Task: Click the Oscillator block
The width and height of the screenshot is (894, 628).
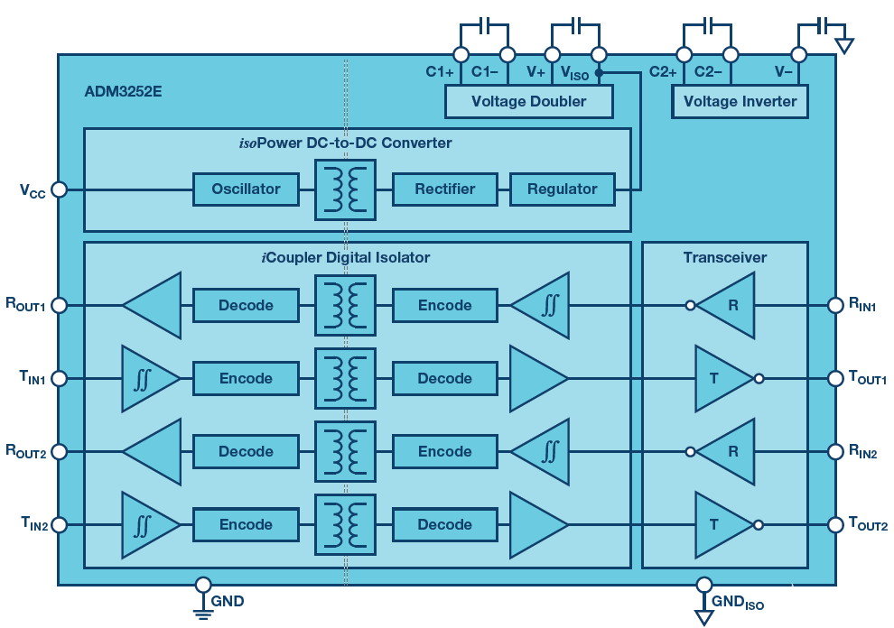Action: pyautogui.click(x=246, y=189)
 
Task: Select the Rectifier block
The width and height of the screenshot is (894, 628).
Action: pyautogui.click(x=444, y=189)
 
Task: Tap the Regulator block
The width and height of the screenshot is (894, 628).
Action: pyautogui.click(x=562, y=189)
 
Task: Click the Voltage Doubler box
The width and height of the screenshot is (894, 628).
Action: pyautogui.click(x=529, y=101)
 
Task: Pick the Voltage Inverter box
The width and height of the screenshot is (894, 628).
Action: pyautogui.click(x=740, y=101)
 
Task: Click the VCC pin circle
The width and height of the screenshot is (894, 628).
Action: pyautogui.click(x=59, y=189)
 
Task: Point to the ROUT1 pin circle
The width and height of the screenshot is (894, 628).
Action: pyautogui.click(x=59, y=306)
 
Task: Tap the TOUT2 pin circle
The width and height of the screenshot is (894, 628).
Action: pyautogui.click(x=834, y=524)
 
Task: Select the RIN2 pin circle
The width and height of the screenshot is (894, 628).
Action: pyautogui.click(x=834, y=451)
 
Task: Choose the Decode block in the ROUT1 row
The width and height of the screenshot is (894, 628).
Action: pyautogui.click(x=246, y=306)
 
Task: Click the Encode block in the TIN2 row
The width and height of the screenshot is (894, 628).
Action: pyautogui.click(x=246, y=524)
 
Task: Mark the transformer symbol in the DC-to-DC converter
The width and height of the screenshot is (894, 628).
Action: pyautogui.click(x=345, y=189)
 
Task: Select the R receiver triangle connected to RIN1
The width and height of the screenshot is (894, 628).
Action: pyautogui.click(x=728, y=306)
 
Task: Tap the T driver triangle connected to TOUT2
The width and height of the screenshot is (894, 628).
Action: pyautogui.click(x=721, y=524)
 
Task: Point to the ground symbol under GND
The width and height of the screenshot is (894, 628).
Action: pyautogui.click(x=203, y=614)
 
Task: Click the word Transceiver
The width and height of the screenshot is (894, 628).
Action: pyautogui.click(x=724, y=258)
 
